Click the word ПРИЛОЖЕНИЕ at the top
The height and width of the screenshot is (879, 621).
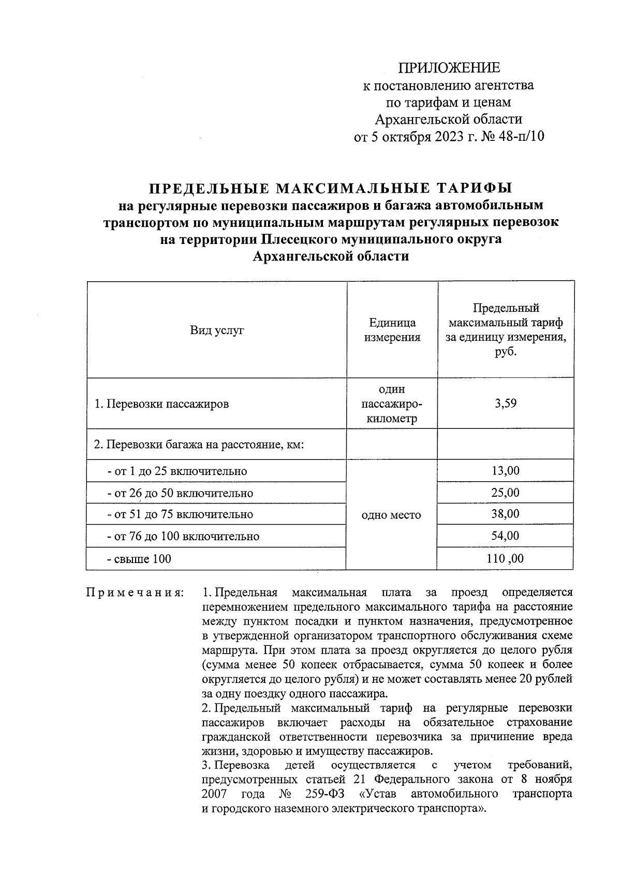tap(449, 68)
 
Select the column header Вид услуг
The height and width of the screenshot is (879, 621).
tap(217, 330)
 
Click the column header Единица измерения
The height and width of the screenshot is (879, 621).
tap(392, 330)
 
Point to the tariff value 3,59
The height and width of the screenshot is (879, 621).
tap(505, 404)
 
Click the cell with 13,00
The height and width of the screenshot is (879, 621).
tap(505, 470)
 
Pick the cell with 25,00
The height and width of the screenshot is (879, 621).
tap(505, 492)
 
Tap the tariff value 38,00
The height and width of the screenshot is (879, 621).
tap(505, 514)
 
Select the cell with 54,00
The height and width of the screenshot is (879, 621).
tap(505, 536)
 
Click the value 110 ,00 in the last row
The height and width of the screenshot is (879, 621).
tap(505, 558)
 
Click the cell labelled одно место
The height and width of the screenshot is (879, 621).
tap(392, 515)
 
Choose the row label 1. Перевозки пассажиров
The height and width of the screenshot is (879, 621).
tap(161, 404)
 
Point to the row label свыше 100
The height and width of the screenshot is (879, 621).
tap(139, 559)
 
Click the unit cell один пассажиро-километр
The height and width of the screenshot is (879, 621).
tap(392, 404)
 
